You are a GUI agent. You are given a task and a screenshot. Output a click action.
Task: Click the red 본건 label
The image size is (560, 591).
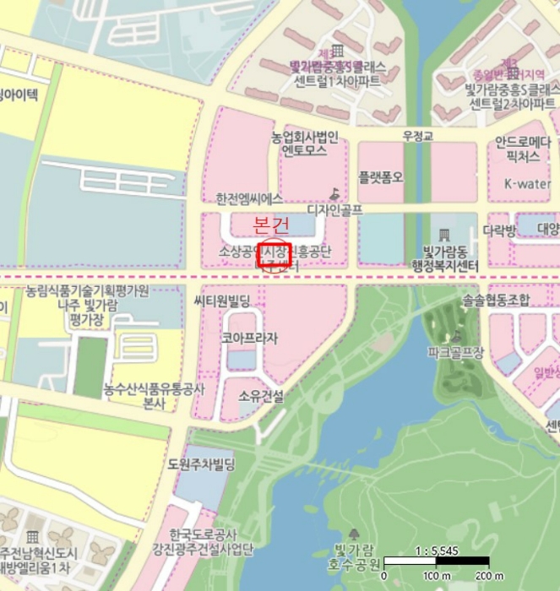tap(271, 225)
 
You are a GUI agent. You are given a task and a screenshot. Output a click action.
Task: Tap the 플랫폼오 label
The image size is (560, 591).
tap(381, 177)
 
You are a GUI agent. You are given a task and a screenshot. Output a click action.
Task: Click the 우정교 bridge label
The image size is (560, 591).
tap(417, 136)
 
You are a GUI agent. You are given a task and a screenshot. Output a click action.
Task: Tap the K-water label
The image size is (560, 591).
tap(526, 183)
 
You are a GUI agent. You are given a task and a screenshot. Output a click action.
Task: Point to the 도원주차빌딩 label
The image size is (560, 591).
tap(201, 464)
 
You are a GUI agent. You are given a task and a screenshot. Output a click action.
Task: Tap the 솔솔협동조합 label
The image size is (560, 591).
tap(496, 301)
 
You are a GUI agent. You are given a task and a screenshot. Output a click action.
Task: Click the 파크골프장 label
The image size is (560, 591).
tap(455, 352)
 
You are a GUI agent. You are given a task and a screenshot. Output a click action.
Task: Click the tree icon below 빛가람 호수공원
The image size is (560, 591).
tap(353, 533)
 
